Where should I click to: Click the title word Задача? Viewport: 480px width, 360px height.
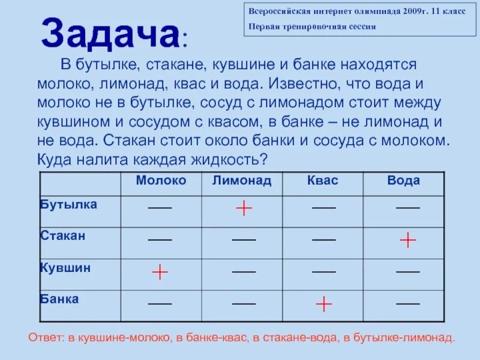point(110,34)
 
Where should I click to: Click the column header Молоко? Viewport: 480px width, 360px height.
point(161,181)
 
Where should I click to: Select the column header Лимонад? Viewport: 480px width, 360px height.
point(242,181)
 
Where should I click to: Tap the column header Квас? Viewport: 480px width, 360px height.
point(323,181)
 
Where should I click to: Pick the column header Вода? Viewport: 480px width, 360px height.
point(404,181)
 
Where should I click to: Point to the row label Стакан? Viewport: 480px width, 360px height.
point(63,236)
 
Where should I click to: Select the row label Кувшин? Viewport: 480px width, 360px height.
point(65,268)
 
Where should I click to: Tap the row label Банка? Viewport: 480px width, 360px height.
point(59,299)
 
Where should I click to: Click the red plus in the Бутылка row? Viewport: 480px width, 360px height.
point(244,208)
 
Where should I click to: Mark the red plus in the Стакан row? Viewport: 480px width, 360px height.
point(408,240)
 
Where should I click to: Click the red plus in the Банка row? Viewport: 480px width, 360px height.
point(324,304)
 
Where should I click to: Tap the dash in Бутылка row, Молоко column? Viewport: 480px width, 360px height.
point(160,208)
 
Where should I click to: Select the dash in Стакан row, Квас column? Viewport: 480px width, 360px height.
point(324,239)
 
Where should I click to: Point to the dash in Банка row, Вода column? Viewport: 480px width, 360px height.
point(408,303)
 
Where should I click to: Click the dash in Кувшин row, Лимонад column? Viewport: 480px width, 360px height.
point(244,271)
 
